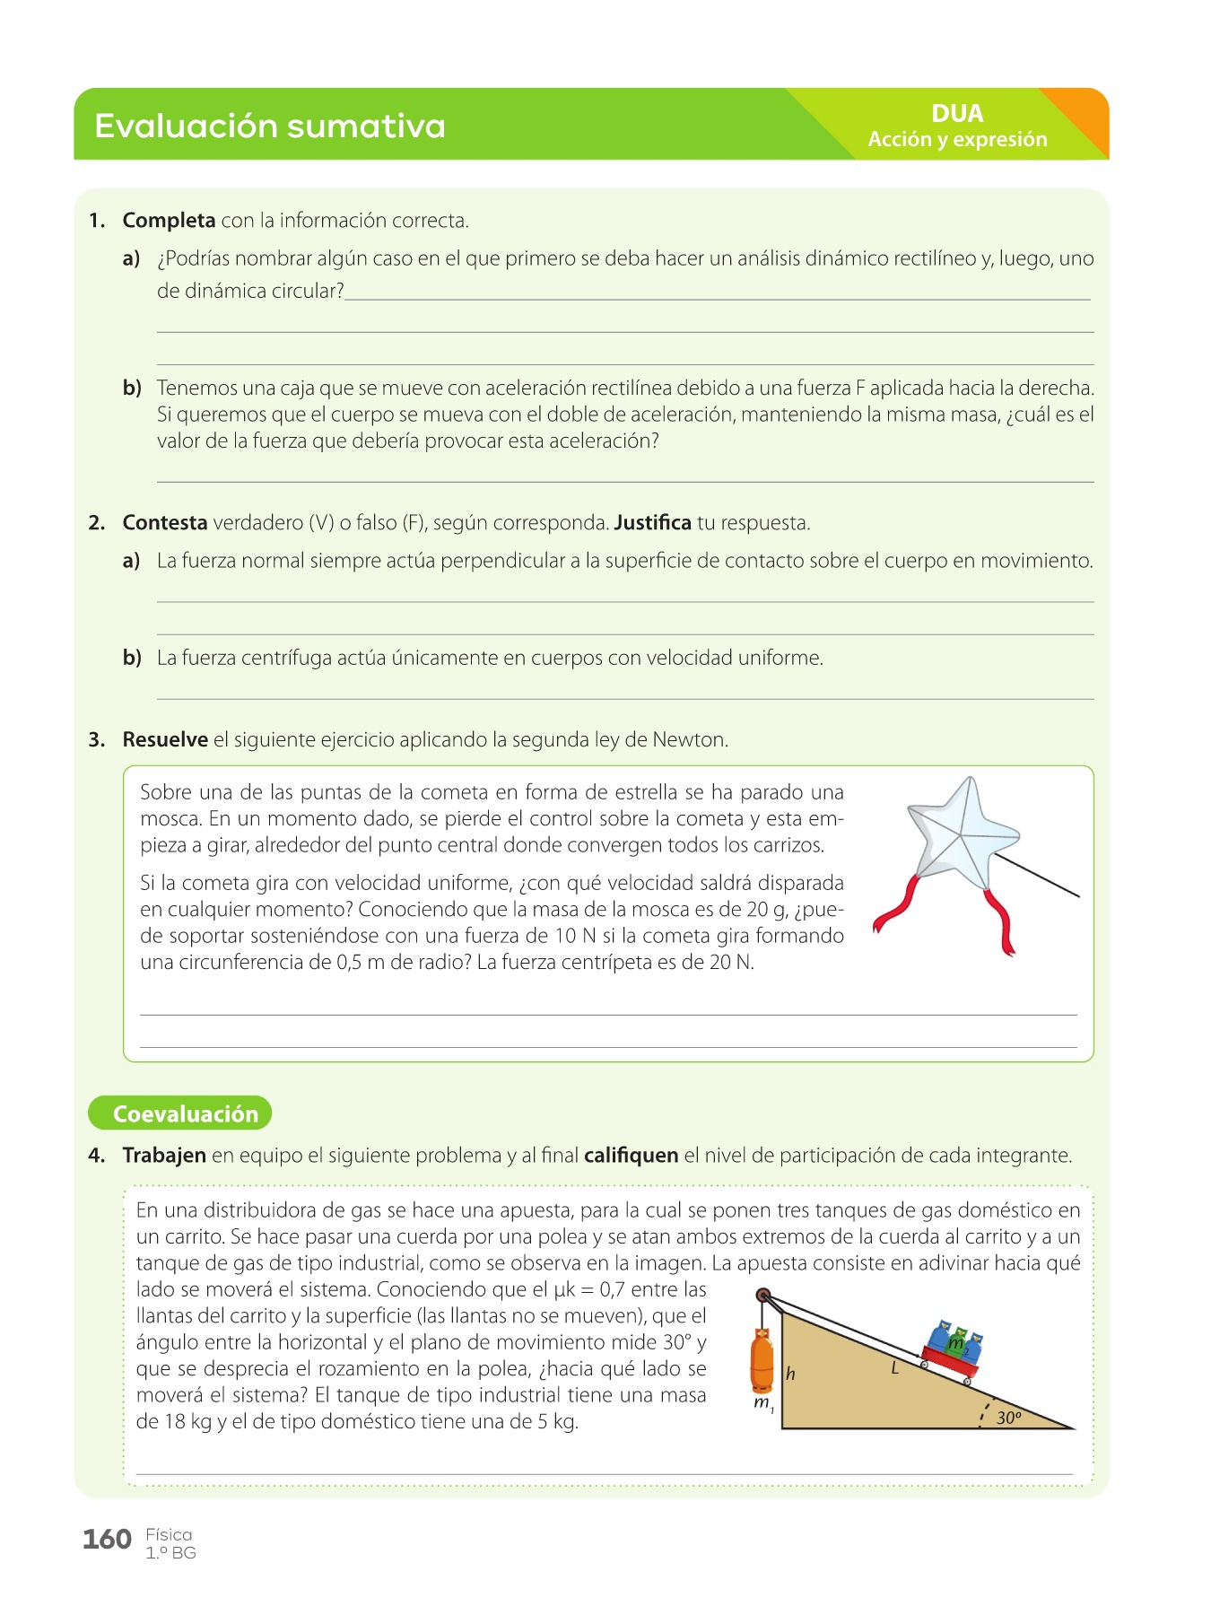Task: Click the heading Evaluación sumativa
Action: point(269,126)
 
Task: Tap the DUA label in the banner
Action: point(957,114)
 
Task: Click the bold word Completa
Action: point(169,221)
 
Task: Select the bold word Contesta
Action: point(165,523)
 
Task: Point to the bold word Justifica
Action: point(652,523)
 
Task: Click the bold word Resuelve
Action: point(165,740)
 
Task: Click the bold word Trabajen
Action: point(164,1156)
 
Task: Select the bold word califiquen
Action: point(631,1156)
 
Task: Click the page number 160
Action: point(107,1540)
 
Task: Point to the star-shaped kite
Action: point(962,838)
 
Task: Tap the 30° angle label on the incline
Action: point(1009,1418)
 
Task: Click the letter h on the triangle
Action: point(790,1374)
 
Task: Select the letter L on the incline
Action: point(894,1368)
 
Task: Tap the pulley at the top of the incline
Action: point(763,1296)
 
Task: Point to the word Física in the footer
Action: point(169,1535)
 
